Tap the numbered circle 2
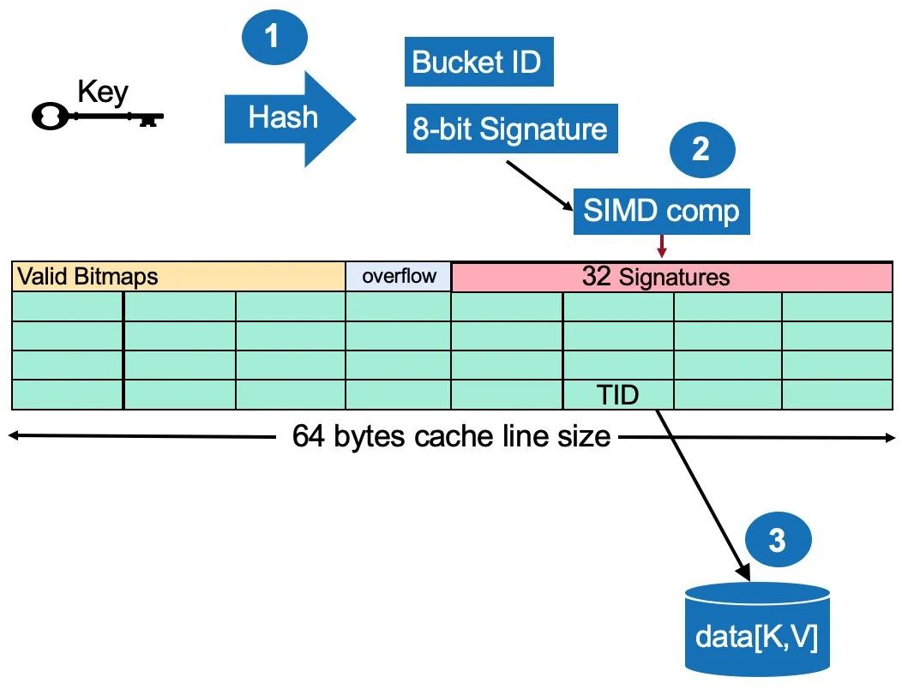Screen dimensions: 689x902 coord(701,149)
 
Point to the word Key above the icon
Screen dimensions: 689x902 coord(102,91)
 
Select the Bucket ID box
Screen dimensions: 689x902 coord(478,63)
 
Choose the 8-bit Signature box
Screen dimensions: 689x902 coord(511,129)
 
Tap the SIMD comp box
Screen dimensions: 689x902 coord(661,211)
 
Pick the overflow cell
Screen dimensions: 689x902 coord(398,276)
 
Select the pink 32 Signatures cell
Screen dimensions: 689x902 coord(671,277)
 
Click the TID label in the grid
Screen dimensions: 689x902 coord(618,395)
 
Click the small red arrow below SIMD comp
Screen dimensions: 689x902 coord(661,246)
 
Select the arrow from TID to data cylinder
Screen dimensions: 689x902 coord(703,493)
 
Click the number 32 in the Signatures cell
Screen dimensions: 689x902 coord(597,276)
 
